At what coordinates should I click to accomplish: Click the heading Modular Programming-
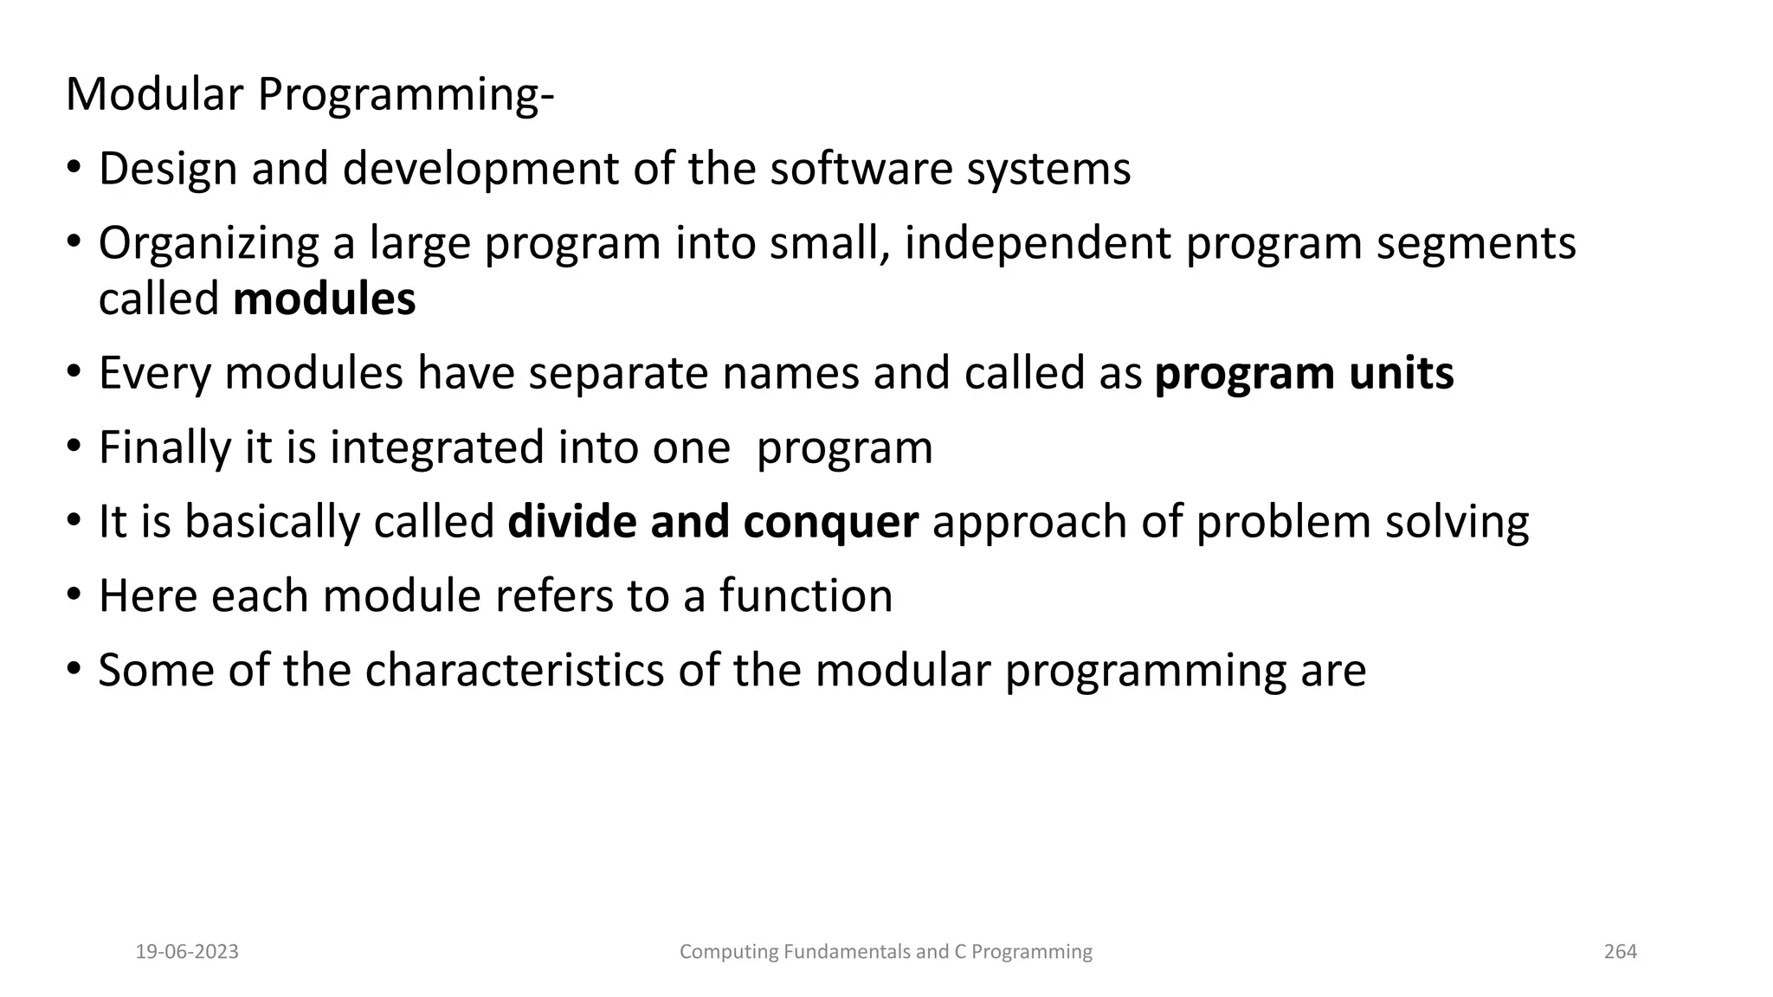click(309, 94)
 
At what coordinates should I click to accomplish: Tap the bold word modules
click(324, 299)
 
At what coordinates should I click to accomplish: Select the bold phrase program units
click(1304, 373)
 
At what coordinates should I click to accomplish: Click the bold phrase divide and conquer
click(712, 522)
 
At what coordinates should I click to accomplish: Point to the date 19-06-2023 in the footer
click(187, 952)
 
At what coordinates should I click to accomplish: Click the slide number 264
click(1621, 952)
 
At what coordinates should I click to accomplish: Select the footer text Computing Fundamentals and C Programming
click(886, 952)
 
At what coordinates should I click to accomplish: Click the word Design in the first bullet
click(168, 169)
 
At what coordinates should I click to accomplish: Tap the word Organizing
click(209, 243)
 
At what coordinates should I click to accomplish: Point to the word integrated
click(436, 448)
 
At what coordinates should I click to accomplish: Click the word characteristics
click(513, 671)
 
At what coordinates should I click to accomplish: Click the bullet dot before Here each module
click(74, 595)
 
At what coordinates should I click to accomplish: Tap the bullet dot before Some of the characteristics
click(74, 670)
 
